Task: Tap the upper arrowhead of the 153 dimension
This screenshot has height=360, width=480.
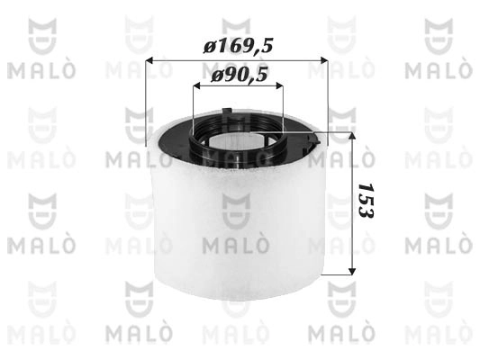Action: [x=350, y=134]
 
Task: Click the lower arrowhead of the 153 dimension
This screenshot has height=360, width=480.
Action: [x=350, y=270]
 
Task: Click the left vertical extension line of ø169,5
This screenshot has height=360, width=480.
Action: [x=146, y=99]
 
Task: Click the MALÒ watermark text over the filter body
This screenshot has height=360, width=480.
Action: [x=238, y=245]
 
